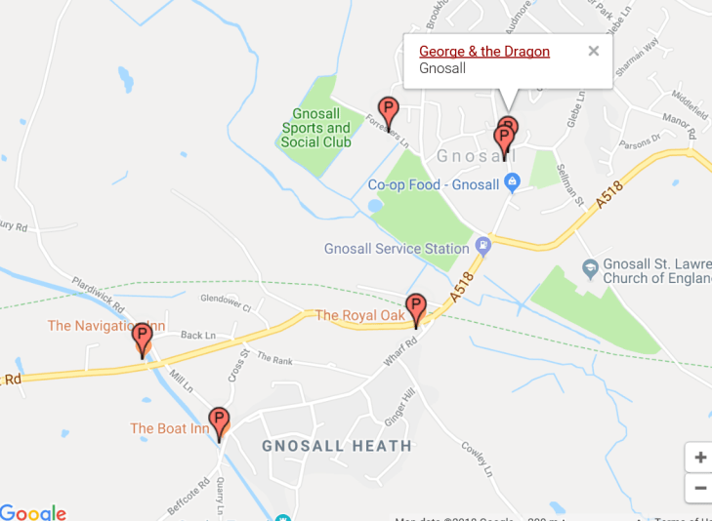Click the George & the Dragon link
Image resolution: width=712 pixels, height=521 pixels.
click(x=483, y=52)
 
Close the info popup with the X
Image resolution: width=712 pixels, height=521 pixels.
click(x=593, y=52)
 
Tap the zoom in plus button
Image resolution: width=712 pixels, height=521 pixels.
click(x=699, y=458)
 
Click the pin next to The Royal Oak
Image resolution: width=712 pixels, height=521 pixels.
click(x=416, y=309)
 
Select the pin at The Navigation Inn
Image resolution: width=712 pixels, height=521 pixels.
click(x=143, y=339)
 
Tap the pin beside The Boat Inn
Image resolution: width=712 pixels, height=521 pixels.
click(x=219, y=422)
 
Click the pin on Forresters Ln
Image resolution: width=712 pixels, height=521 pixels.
click(x=389, y=112)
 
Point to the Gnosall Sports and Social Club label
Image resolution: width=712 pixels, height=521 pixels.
click(x=315, y=128)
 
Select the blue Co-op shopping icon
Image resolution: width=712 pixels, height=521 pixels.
click(x=511, y=181)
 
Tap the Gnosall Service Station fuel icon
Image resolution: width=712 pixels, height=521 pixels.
click(x=482, y=244)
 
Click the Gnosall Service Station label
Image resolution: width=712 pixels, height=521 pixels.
click(x=397, y=249)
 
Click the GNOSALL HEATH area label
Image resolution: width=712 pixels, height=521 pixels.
click(x=336, y=446)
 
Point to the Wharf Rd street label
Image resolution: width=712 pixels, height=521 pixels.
click(x=399, y=351)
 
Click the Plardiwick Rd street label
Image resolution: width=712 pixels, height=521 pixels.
click(x=99, y=296)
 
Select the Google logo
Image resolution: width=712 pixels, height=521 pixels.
click(x=33, y=512)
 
